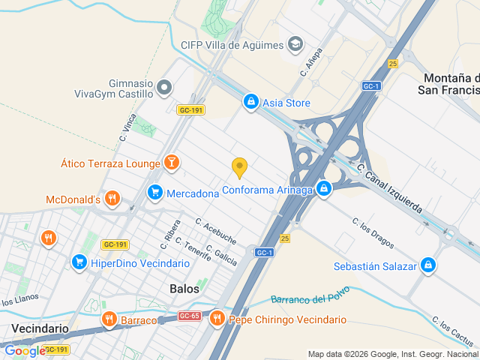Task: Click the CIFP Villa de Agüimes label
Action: [x=232, y=45]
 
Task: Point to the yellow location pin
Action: [x=239, y=168]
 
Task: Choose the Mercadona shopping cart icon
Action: [x=155, y=193]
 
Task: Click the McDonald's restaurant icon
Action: [x=112, y=199]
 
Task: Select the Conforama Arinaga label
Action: [x=267, y=190]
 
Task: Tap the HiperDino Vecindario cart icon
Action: [x=79, y=262]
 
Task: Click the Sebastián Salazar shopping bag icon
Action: [x=427, y=265]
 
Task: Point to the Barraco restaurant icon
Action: [x=109, y=320]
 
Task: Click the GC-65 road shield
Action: [x=189, y=316]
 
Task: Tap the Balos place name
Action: [x=185, y=288]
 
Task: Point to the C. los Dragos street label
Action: [x=373, y=232]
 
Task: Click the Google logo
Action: [x=24, y=351]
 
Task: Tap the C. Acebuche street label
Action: [x=216, y=232]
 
